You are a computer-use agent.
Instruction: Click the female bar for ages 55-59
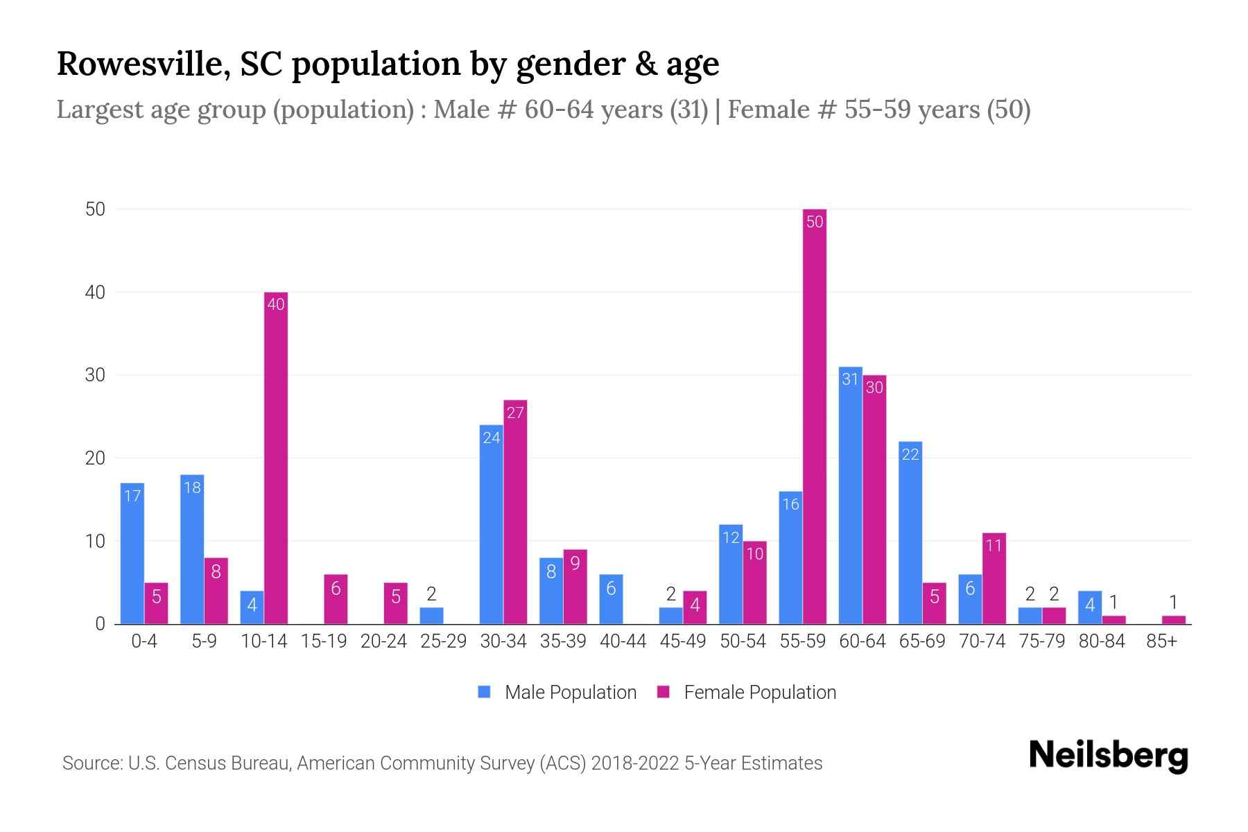(x=815, y=416)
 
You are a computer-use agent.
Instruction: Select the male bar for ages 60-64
(x=850, y=496)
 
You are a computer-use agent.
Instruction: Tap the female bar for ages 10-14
(x=276, y=458)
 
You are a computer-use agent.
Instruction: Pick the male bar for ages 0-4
(x=132, y=553)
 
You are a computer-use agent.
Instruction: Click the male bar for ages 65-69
(x=910, y=532)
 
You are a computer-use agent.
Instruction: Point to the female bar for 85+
(x=1173, y=619)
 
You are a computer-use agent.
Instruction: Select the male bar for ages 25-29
(x=431, y=616)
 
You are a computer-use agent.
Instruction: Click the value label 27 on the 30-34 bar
(x=515, y=413)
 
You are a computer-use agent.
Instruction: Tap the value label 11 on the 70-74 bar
(x=994, y=546)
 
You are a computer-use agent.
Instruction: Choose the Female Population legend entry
(x=747, y=692)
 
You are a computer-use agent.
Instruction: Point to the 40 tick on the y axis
(x=95, y=293)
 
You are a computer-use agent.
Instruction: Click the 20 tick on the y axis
(x=95, y=458)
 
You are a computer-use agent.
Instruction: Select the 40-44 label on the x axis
(x=623, y=641)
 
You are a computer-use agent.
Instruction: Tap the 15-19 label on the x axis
(x=324, y=641)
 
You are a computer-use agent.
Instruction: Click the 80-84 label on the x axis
(x=1102, y=641)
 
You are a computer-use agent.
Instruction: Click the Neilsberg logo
(x=1108, y=755)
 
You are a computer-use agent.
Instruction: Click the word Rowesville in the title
(x=144, y=64)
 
